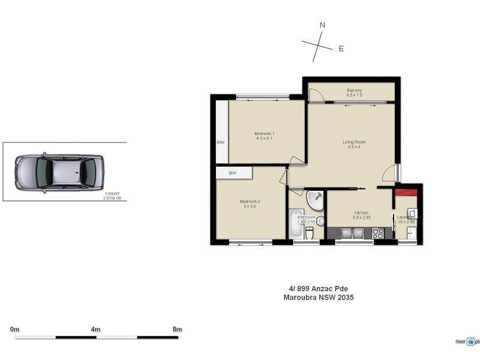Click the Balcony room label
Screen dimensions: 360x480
pos(354,91)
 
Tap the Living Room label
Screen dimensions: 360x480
pos(354,142)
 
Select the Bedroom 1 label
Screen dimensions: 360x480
pos(264,134)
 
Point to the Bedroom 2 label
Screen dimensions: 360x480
pos(250,201)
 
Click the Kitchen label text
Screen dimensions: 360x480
pos(361,214)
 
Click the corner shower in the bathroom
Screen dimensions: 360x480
pos(314,200)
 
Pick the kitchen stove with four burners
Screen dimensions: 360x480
pos(378,233)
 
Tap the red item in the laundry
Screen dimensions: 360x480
pos(406,192)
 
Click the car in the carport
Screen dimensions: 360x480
pos(59,172)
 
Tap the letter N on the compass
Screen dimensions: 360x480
pos(322,25)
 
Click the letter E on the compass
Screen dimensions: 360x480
pos(341,49)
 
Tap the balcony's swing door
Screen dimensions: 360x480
pos(317,94)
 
